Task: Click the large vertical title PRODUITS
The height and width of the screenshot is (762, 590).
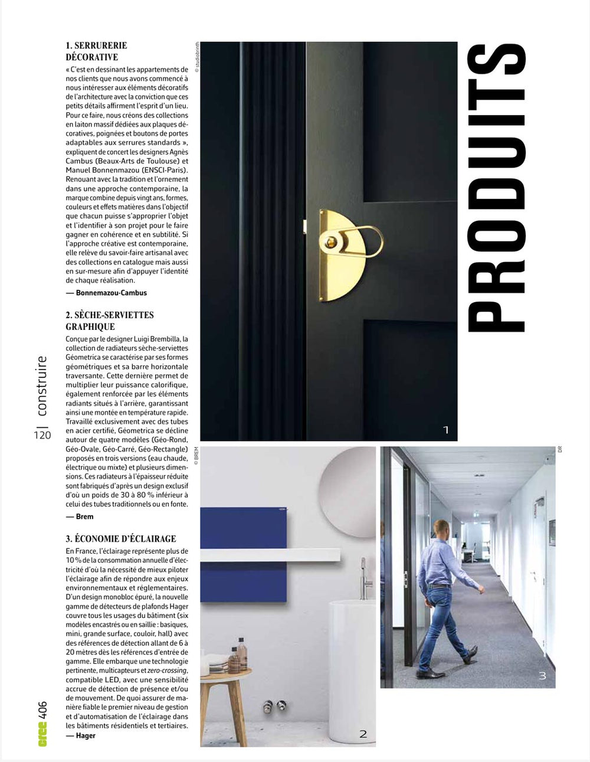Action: tap(496, 188)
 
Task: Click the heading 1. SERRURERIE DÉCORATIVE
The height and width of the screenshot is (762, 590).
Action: tap(96, 51)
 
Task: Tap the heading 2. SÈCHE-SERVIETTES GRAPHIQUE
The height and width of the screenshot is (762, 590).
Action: tap(110, 321)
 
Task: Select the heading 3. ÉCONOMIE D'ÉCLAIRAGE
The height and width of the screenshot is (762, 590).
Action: tap(121, 538)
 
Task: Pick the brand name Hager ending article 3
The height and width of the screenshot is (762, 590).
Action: tap(86, 735)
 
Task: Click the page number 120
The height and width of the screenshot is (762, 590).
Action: tap(42, 435)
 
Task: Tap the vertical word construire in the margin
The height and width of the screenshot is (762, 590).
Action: tap(41, 386)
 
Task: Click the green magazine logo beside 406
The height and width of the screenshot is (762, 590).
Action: tap(42, 734)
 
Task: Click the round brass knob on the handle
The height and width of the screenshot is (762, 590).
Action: tap(329, 241)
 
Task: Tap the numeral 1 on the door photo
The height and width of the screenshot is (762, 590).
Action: tap(446, 430)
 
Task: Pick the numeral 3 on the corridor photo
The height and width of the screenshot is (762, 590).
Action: tap(542, 676)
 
